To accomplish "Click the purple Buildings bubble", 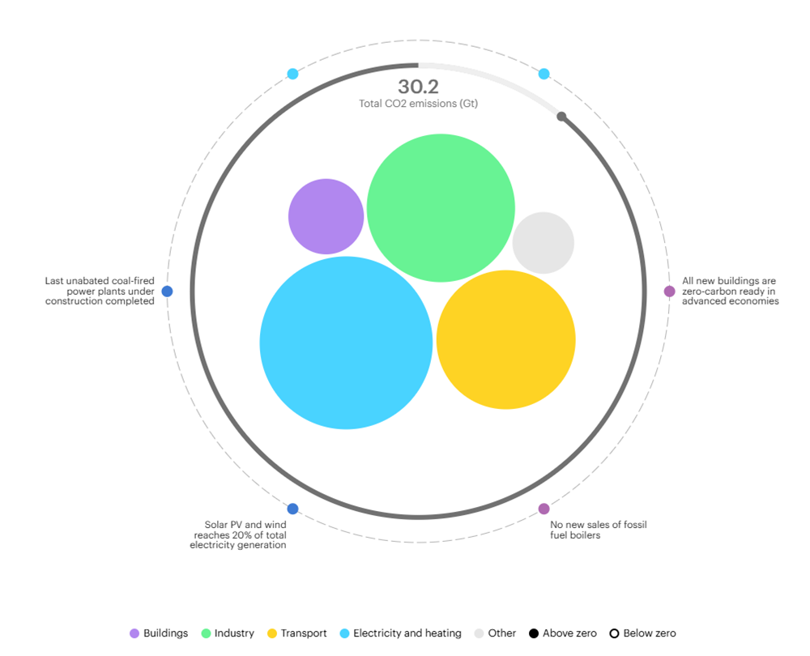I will click(326, 216).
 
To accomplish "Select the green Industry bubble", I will click(441, 208).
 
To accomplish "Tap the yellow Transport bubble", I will click(505, 339).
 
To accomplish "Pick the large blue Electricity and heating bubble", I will click(346, 343).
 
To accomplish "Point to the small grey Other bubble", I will click(543, 243).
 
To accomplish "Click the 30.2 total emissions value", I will click(418, 87).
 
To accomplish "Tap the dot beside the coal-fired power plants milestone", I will click(167, 292).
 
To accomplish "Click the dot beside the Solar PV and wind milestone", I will click(292, 509).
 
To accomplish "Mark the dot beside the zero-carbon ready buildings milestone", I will click(669, 292).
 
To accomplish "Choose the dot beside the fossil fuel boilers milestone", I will click(544, 509).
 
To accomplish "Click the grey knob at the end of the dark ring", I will click(561, 117).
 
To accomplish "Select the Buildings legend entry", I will click(159, 633).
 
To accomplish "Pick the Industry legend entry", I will click(228, 633).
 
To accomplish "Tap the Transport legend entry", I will click(296, 633).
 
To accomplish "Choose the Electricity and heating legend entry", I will click(400, 633).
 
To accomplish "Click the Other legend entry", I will click(495, 633).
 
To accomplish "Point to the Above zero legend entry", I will click(562, 633).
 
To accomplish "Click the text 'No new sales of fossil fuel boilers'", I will click(599, 530).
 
